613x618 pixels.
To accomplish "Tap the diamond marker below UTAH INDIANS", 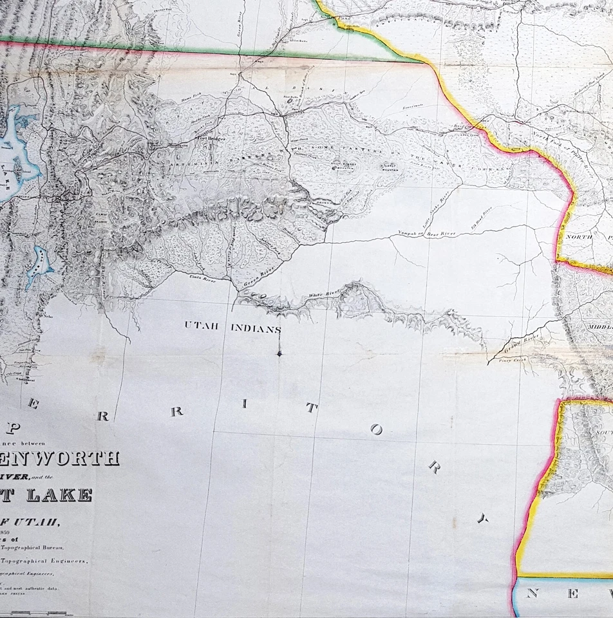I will point(279,353).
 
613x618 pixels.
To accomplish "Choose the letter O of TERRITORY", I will point(376,430).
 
